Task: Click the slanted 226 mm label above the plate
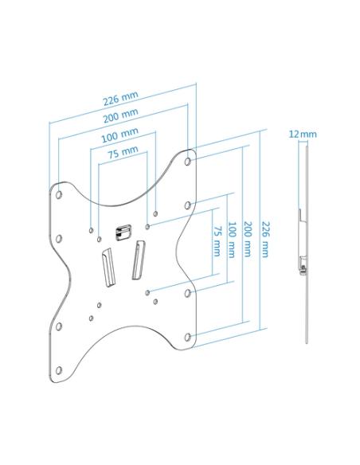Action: coord(120,98)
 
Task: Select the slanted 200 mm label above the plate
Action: coord(120,115)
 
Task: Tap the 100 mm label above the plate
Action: coord(119,135)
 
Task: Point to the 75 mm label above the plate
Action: coord(123,152)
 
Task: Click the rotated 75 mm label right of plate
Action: coord(217,241)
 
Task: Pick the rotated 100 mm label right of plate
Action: coord(232,240)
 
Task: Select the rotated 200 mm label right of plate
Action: coord(247,239)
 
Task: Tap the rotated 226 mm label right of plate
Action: coord(264,239)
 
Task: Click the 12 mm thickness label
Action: coord(303,135)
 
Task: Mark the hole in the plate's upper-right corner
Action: coord(187,162)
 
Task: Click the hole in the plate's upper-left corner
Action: coord(59,195)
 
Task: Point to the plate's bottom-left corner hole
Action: coord(59,370)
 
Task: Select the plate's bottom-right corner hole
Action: coord(187,337)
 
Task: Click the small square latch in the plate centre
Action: coord(123,232)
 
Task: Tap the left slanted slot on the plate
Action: coord(108,267)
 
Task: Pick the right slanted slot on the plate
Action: coord(139,260)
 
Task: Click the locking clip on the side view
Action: coord(303,265)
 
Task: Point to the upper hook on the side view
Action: coord(302,216)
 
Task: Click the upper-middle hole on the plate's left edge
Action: coord(59,239)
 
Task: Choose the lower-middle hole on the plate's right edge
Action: coord(187,293)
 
